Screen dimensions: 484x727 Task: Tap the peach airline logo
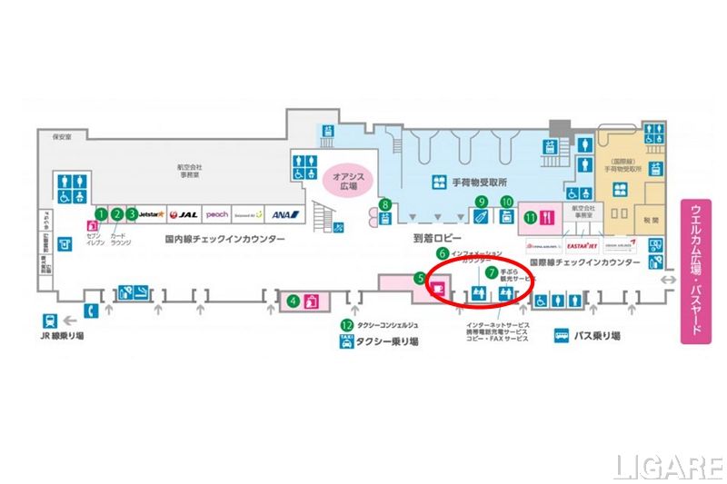217,215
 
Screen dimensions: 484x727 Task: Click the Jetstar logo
151,215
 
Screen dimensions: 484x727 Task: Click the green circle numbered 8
385,204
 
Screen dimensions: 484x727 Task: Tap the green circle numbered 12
346,324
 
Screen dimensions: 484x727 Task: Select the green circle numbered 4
293,301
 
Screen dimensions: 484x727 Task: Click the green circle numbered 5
420,281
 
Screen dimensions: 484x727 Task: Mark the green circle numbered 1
102,214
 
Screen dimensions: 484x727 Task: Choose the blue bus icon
562,335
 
